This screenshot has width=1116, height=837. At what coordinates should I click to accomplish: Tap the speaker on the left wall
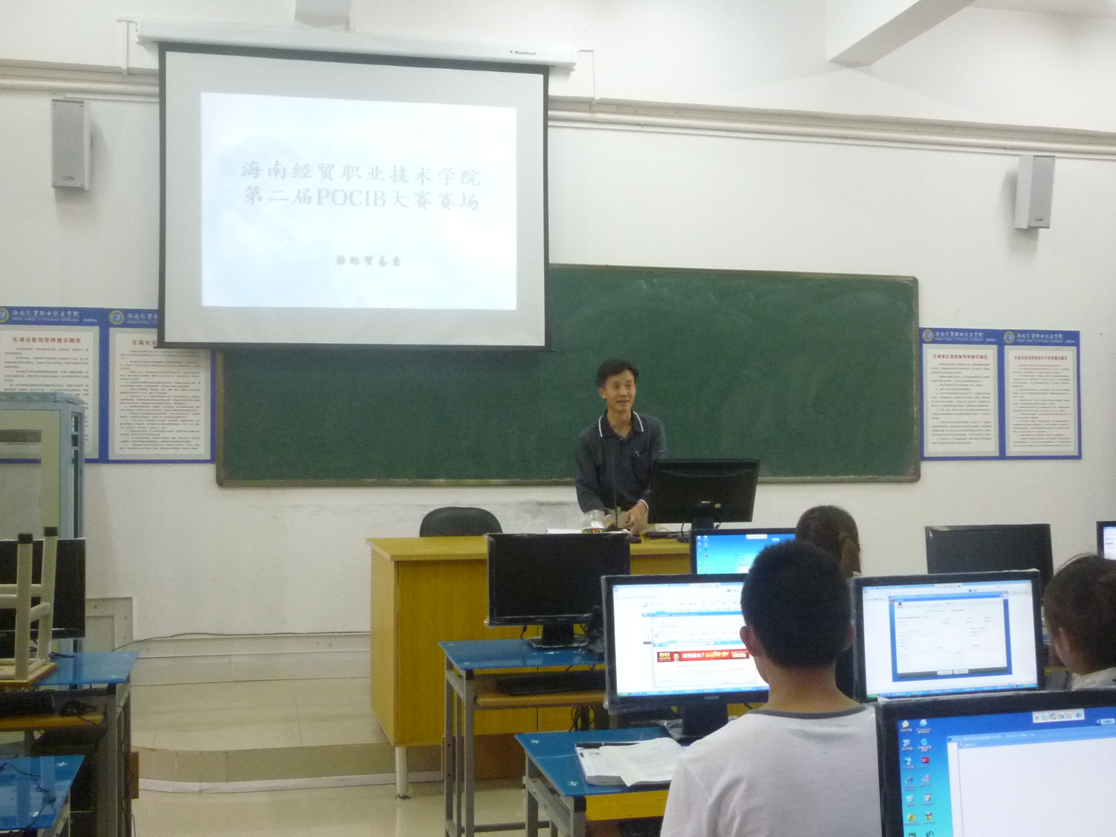(70, 144)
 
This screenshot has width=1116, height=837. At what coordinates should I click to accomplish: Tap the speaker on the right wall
(1034, 191)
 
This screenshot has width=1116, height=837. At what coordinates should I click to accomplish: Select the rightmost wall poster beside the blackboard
(1042, 394)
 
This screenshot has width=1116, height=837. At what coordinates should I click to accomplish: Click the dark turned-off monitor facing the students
(558, 579)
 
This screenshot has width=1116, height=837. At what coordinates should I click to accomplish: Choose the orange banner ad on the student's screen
(700, 655)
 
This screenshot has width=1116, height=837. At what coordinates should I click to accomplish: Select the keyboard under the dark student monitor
(548, 684)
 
